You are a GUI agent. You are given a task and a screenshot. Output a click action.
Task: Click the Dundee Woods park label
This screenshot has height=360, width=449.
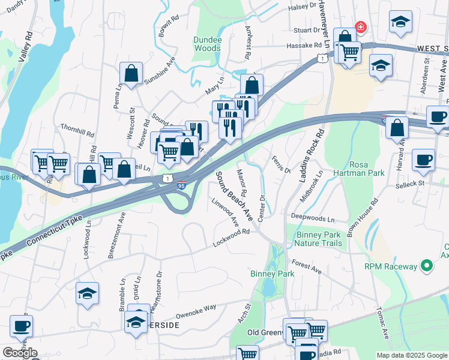point(208,44)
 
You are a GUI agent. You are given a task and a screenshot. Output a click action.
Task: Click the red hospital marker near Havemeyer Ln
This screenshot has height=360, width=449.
point(360,27)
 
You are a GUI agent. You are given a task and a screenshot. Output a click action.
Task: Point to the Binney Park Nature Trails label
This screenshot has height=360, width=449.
point(318,239)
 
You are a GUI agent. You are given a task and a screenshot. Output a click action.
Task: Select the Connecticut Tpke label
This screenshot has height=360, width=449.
point(37,236)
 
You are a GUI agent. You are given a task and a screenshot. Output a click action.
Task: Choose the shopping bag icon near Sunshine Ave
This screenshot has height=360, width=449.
point(131,74)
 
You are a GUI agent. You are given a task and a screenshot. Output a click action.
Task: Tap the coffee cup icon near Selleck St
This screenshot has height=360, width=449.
point(424,160)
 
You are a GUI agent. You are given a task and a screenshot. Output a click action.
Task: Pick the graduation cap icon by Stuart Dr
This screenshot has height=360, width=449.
point(400,22)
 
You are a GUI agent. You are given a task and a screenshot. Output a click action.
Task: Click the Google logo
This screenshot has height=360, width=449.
point(20,353)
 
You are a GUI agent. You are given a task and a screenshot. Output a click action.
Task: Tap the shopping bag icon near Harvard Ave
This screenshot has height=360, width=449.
point(397,127)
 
